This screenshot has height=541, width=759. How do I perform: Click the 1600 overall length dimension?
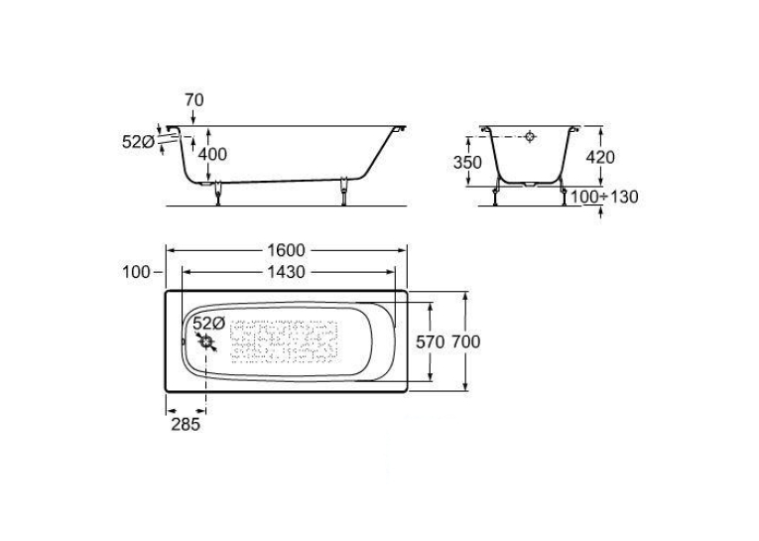click(286, 250)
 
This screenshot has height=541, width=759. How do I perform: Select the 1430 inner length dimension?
click(286, 272)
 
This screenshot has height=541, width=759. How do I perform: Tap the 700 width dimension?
click(466, 341)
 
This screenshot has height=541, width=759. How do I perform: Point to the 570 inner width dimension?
click(431, 341)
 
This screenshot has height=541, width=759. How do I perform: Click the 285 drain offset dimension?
click(186, 424)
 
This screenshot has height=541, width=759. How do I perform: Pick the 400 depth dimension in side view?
click(212, 154)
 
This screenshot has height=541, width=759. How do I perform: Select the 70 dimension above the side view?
click(194, 100)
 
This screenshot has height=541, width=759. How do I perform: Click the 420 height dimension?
click(600, 157)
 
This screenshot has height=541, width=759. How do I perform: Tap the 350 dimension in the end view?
click(467, 162)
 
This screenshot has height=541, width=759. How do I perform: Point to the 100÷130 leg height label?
click(604, 198)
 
